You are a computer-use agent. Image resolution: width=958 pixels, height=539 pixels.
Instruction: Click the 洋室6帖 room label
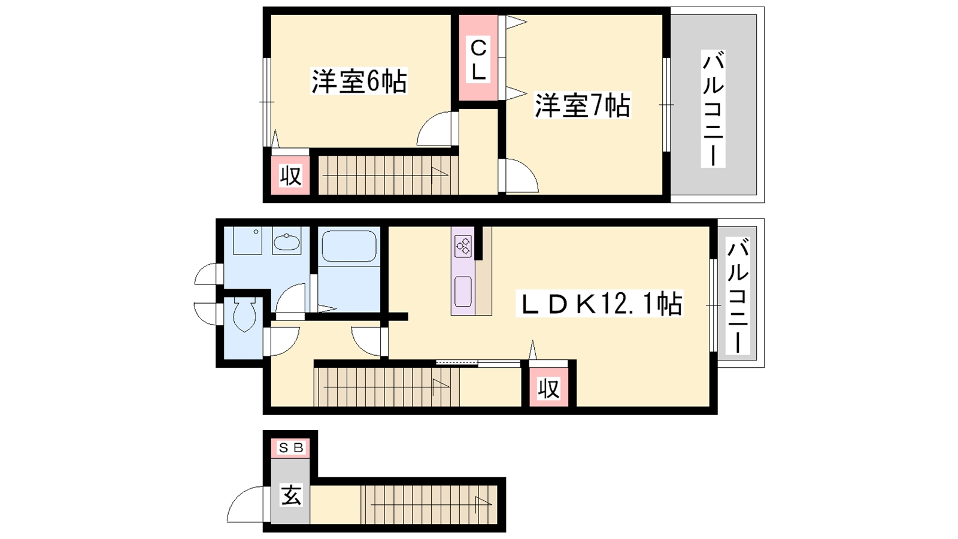tap(359, 81)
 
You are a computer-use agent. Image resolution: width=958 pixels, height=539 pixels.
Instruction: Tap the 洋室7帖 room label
tap(582, 106)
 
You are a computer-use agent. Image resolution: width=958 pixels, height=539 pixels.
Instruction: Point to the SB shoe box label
tap(290, 447)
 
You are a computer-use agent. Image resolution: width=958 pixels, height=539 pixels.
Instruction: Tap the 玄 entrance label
tap(291, 495)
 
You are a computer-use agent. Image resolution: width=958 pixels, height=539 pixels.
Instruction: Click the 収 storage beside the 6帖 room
tap(290, 176)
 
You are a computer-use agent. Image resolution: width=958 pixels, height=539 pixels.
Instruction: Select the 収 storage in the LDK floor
tap(548, 389)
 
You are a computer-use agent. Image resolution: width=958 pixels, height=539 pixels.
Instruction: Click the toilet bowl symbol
tap(244, 315)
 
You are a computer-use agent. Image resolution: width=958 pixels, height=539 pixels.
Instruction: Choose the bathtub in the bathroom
tap(349, 247)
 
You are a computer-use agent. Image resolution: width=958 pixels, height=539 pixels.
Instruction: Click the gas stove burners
tap(463, 245)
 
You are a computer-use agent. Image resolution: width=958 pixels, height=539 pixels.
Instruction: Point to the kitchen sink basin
tap(463, 292)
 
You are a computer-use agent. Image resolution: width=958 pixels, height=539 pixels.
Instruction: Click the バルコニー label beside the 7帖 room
tap(713, 109)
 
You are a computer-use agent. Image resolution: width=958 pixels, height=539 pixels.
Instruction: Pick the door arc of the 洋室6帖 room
tap(435, 129)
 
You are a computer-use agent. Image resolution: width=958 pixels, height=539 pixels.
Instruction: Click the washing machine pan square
tap(247, 240)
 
